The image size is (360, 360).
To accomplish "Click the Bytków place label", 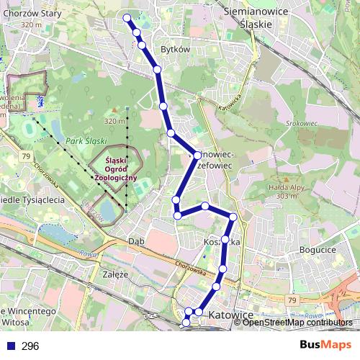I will [x=176, y=50].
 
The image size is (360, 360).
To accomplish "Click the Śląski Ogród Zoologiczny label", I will [x=116, y=168].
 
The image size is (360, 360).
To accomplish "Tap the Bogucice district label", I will [x=315, y=249].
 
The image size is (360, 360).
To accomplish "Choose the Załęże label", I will [x=115, y=274].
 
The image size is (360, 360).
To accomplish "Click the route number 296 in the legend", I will [x=30, y=346].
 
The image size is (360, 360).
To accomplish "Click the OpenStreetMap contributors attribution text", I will [x=297, y=322].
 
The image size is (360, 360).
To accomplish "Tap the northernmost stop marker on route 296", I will [x=127, y=18].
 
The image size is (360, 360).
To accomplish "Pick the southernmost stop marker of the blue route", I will [x=186, y=323].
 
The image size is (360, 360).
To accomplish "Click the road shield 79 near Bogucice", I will [x=291, y=300].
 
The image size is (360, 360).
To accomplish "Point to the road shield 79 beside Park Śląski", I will [x=26, y=156].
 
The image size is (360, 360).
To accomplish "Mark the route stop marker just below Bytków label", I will [x=157, y=69].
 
